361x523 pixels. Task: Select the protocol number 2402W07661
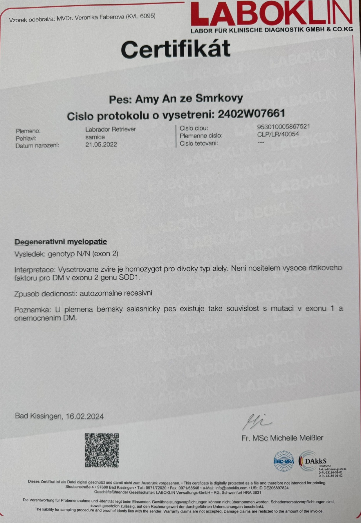pos(251,114)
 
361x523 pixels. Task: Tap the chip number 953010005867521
pos(283,126)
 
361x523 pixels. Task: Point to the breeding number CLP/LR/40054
pos(278,134)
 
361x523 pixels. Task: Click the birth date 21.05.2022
pos(101,145)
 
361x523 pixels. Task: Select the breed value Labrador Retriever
pos(111,129)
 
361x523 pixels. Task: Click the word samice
pos(95,137)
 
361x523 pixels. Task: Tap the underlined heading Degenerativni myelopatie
pos(61,242)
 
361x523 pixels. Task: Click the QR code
pos(102,450)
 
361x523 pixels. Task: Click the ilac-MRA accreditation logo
pos(284,461)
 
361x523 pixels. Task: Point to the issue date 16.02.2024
pos(85,416)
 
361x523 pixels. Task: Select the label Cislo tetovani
pos(198,143)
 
